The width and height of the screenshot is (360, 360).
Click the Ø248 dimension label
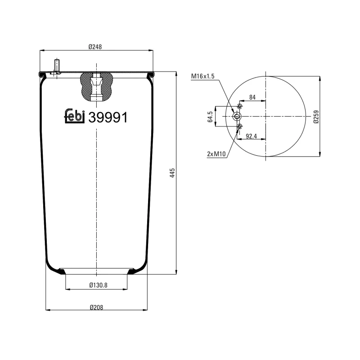click(96, 46)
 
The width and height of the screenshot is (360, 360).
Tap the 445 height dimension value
click(172, 173)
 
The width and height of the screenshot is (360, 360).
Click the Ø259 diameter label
click(316, 117)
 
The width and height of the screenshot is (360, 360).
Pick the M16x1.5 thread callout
click(203, 76)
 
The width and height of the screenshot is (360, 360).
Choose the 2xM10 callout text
click(216, 154)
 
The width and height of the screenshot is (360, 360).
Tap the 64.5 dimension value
click(210, 117)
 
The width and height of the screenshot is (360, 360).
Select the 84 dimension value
click(252, 97)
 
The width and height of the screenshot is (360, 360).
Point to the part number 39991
click(108, 117)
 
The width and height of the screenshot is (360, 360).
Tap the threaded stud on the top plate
click(57, 66)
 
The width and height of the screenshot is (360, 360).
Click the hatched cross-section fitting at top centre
click(96, 86)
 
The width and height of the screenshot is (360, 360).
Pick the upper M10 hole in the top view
click(240, 107)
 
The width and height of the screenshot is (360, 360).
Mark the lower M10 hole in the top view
click(240, 127)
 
